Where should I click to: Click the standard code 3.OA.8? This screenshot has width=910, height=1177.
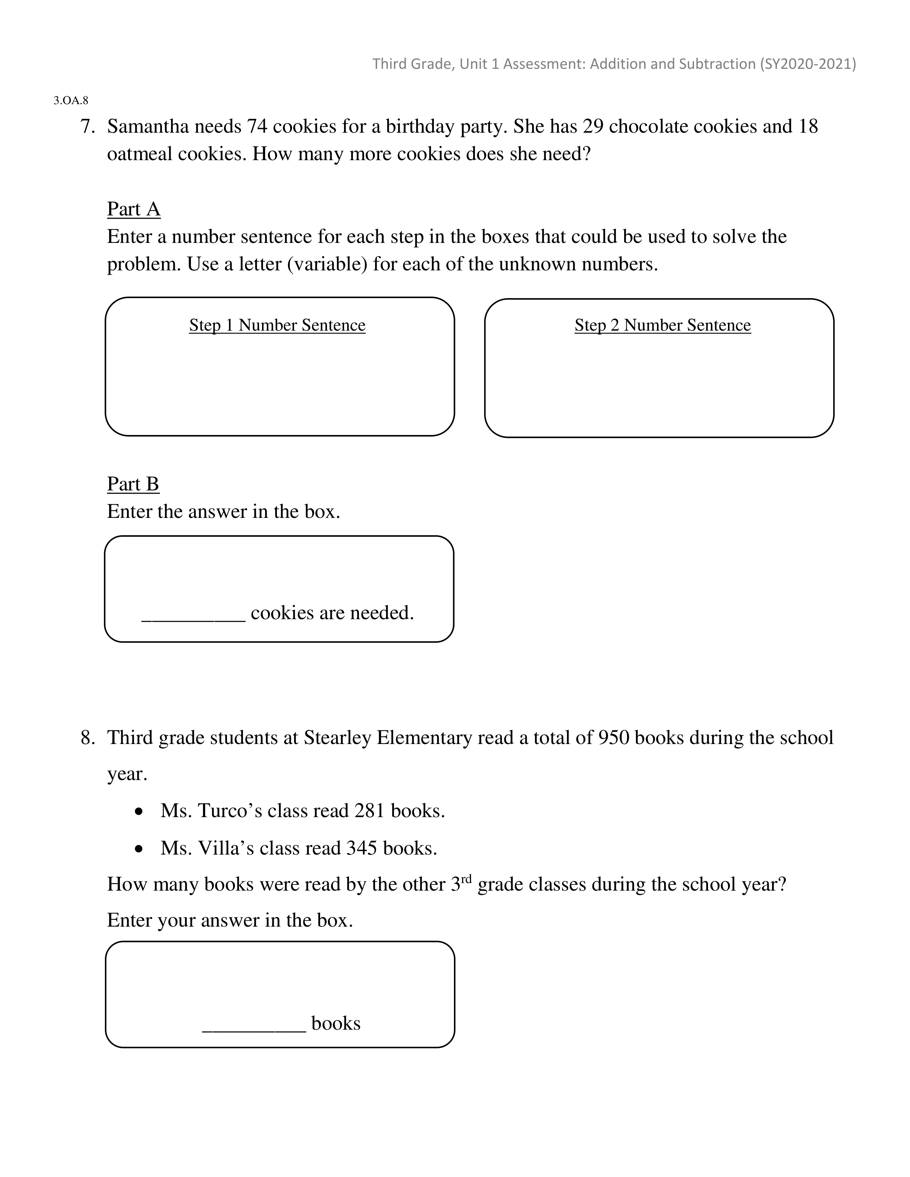pos(71,100)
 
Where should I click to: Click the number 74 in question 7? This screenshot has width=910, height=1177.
pos(257,127)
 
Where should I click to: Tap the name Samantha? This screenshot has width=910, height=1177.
pos(148,127)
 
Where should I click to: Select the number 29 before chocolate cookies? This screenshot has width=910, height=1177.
pos(593,127)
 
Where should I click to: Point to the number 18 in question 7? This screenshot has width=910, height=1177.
pos(808,127)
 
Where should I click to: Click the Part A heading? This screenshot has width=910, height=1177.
pos(134,209)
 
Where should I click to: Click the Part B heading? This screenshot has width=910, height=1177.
pos(133,484)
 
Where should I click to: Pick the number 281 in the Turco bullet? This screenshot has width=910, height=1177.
pos(369,811)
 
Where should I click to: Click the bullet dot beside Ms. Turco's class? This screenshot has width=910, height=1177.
pos(140,811)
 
